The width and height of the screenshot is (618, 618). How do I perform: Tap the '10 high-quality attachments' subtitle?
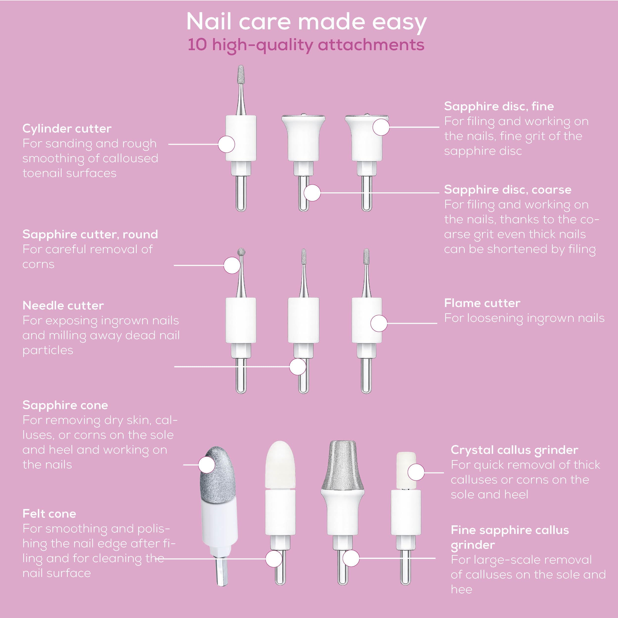click(x=306, y=45)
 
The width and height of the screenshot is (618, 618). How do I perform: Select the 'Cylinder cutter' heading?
click(x=67, y=129)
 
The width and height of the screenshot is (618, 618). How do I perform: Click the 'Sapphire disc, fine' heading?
click(x=499, y=106)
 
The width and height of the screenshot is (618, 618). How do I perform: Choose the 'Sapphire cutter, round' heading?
click(x=90, y=234)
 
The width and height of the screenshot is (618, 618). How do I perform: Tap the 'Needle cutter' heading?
click(x=63, y=306)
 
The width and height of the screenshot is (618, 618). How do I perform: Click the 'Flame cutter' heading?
click(x=482, y=303)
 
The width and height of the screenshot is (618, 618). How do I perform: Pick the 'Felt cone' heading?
click(x=49, y=514)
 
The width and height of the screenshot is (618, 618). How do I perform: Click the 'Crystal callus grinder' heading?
click(x=514, y=450)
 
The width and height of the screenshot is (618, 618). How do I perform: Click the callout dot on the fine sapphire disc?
click(x=381, y=127)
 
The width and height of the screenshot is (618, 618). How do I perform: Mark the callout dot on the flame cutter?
click(x=379, y=323)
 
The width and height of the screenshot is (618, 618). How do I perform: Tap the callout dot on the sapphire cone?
click(x=207, y=464)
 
